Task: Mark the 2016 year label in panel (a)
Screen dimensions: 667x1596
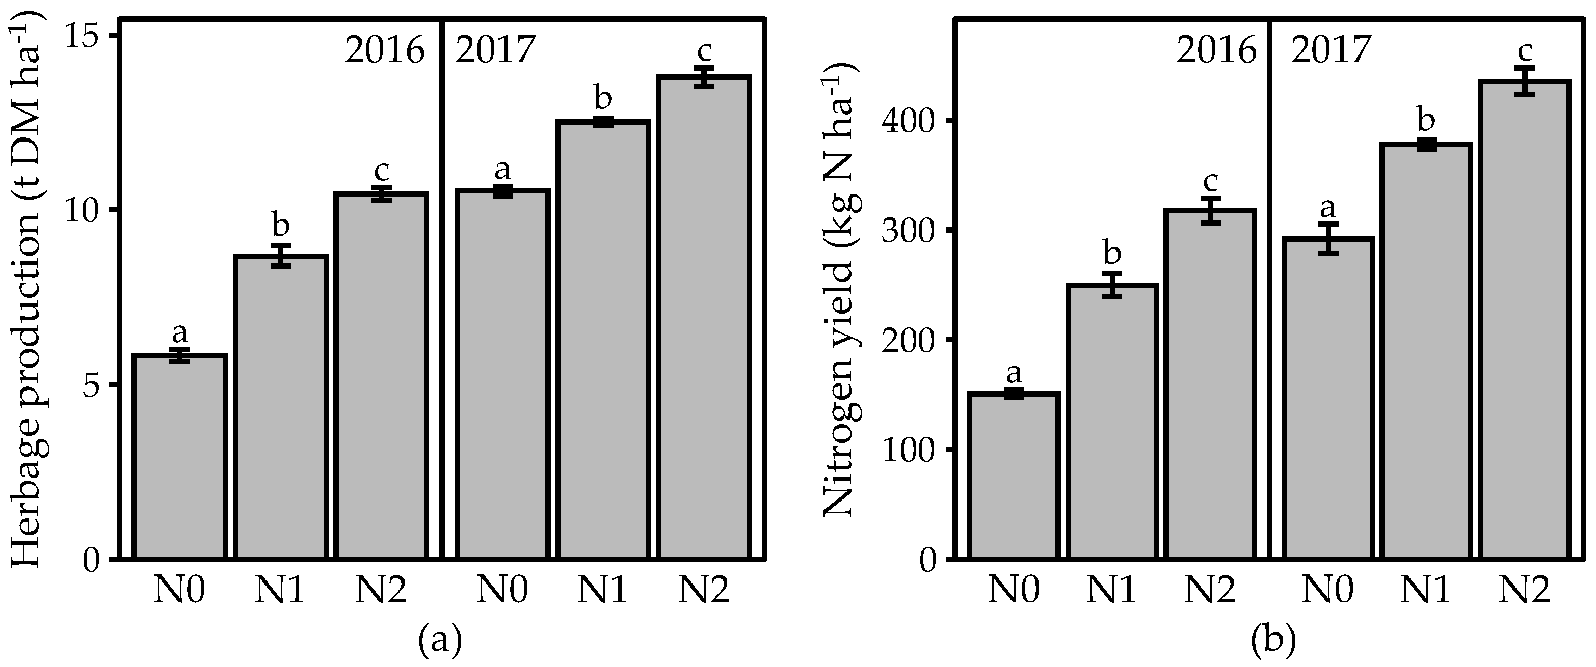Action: pyautogui.click(x=385, y=51)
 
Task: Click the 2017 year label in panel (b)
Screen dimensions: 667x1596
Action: pyautogui.click(x=1331, y=51)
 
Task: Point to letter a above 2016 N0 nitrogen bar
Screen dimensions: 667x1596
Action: pyautogui.click(x=1014, y=373)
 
